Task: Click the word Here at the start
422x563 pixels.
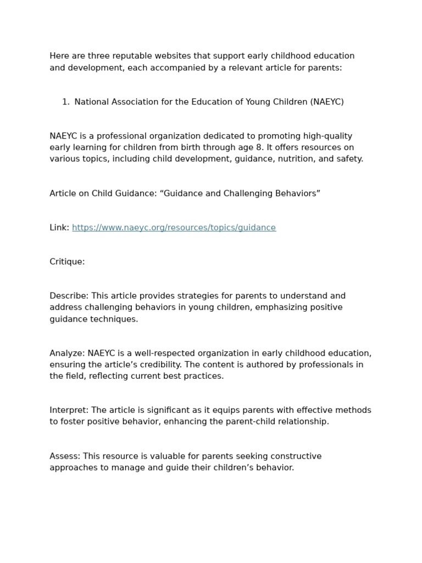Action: pos(60,56)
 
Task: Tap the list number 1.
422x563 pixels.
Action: pos(65,102)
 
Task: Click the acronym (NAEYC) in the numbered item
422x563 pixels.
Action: pos(327,102)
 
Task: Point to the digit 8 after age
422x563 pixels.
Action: pos(259,147)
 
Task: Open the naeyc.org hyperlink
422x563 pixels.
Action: pos(174,228)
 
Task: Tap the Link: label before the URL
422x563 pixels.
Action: pos(59,228)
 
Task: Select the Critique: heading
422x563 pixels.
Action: pos(67,262)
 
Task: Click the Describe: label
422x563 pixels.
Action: pos(69,296)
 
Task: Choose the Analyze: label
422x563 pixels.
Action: pos(67,353)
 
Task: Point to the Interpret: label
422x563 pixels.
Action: pos(69,410)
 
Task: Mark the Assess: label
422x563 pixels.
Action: pos(65,456)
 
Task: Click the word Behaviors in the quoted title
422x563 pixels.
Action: pos(296,194)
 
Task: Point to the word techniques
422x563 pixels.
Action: pos(114,319)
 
